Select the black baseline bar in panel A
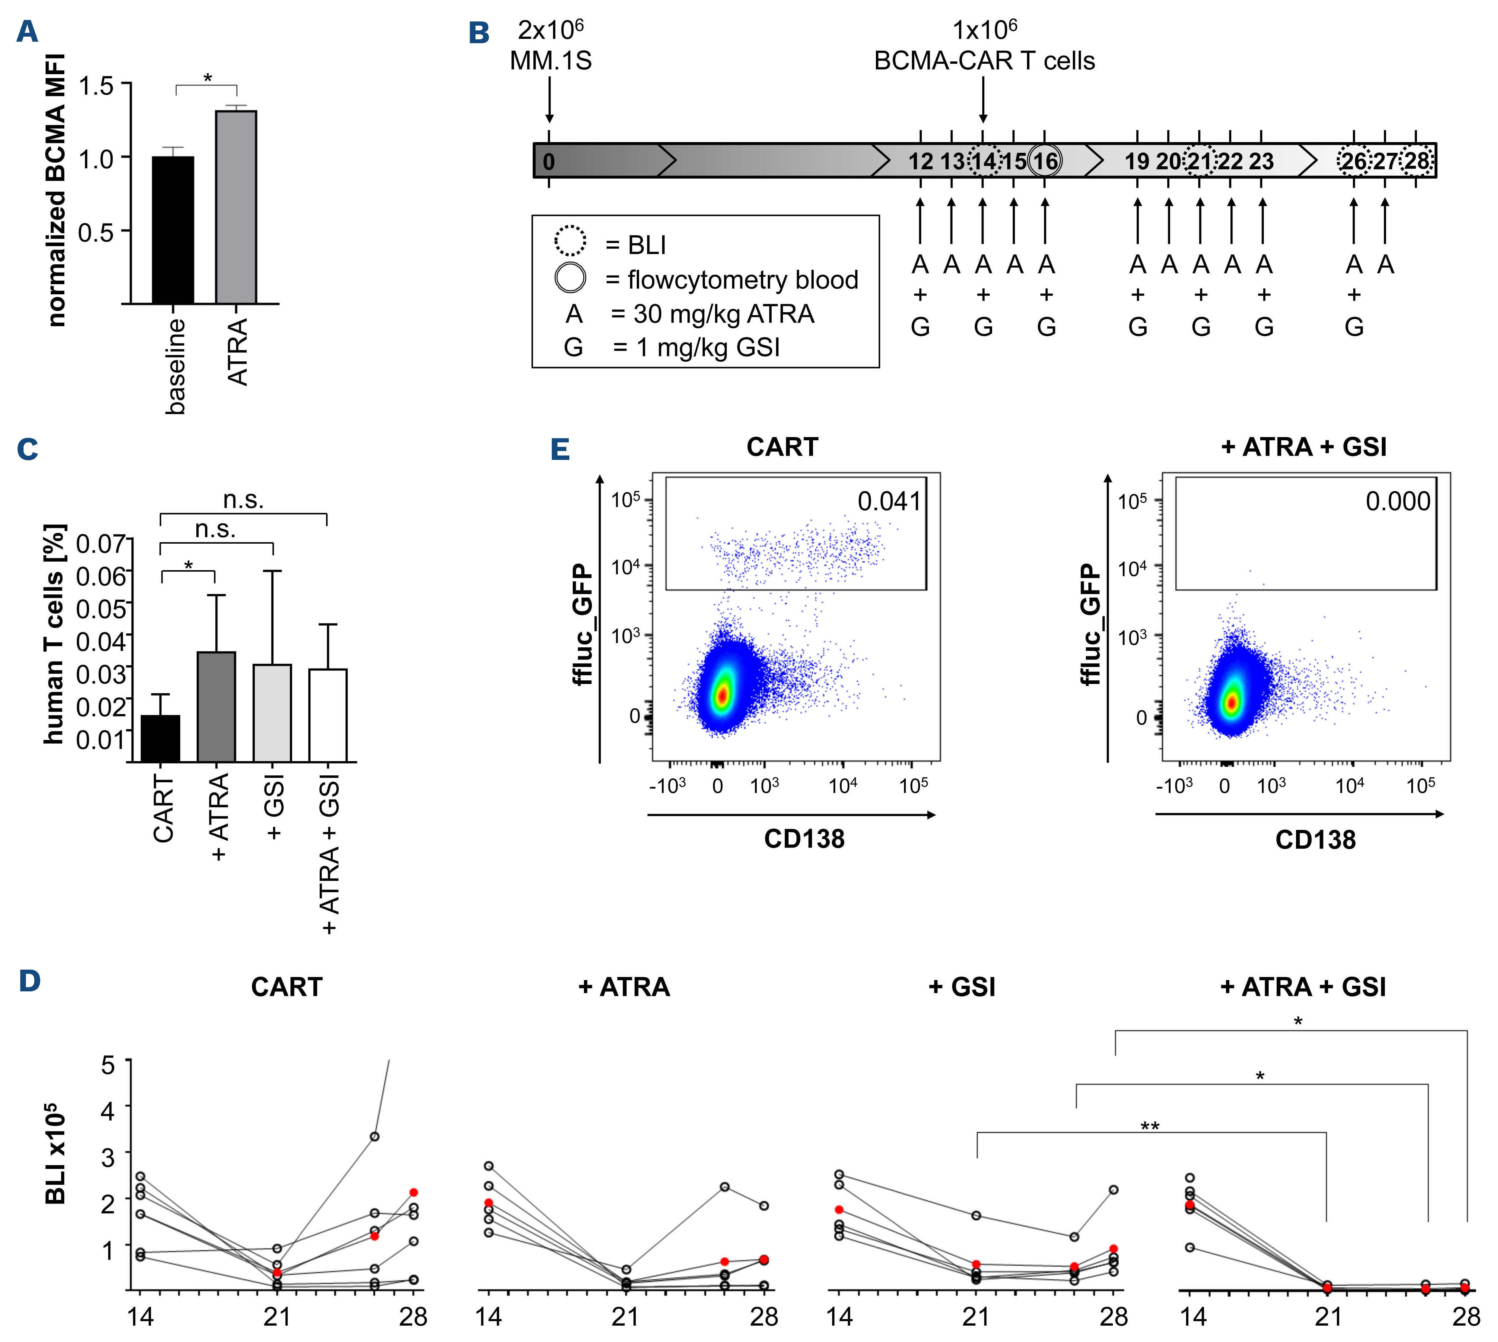173,230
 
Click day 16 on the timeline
1045,161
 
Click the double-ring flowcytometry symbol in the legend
570,278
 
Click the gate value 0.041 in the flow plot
889,501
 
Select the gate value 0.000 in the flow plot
1398,501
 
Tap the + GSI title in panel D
962,987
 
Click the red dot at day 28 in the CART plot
414,1192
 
